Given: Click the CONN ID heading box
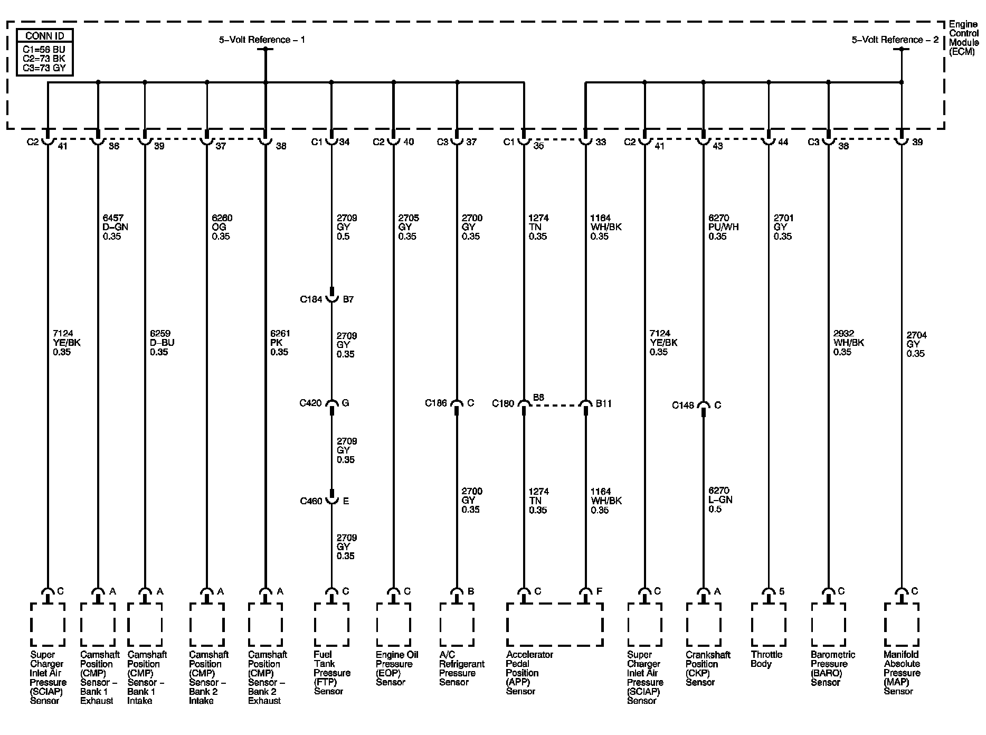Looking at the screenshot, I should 45,36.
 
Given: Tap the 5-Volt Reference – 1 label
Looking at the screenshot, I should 262,40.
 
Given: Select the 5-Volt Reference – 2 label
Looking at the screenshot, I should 895,40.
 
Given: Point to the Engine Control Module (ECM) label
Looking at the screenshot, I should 963,38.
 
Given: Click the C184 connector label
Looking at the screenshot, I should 311,299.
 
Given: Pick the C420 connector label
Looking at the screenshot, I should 310,403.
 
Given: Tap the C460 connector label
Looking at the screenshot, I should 311,501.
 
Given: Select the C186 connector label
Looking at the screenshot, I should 436,403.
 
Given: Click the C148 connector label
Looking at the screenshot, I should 683,405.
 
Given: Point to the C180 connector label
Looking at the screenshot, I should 503,403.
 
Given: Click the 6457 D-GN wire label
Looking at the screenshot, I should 115,227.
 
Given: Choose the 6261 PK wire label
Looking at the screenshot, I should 279,343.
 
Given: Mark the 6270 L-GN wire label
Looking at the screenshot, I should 720,500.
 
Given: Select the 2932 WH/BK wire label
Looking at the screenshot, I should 848,343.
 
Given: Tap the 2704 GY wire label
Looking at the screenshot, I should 916,344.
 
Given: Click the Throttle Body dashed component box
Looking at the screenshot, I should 768,625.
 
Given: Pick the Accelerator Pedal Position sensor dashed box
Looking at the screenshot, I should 554,625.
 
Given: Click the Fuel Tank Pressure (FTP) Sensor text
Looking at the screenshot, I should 331,673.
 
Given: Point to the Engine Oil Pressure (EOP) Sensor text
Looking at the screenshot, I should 396,668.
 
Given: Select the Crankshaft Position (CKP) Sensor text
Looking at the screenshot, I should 708,668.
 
